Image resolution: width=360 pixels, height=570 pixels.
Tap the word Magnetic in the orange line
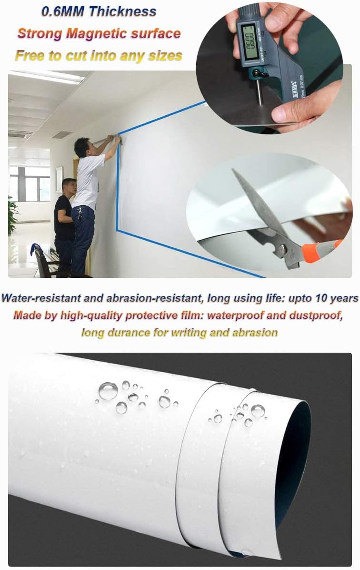tap(97, 33)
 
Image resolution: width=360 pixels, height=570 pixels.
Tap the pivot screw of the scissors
tap(282, 249)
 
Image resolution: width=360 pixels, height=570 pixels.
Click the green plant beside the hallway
tap(13, 216)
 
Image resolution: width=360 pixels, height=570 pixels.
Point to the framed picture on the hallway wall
tap(59, 179)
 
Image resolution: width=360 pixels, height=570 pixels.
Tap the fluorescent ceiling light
tap(47, 77)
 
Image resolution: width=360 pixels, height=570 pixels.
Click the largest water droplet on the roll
tap(108, 391)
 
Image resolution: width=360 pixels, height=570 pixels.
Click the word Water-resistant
tap(41, 298)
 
